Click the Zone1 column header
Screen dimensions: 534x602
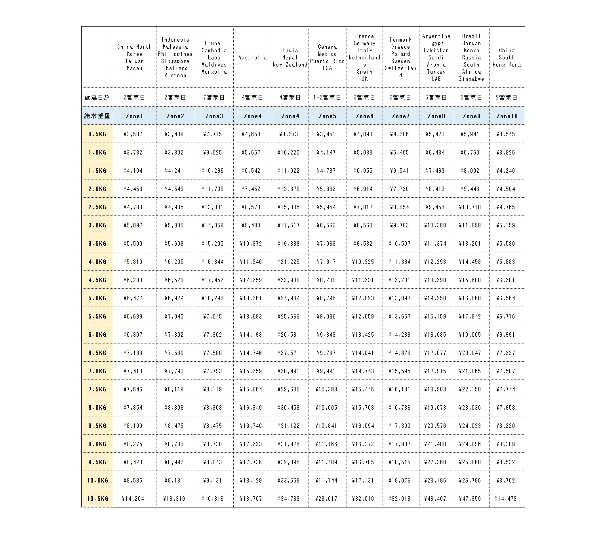coord(135,116)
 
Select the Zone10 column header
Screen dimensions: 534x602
coord(507,116)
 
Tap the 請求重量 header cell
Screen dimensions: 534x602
coord(97,116)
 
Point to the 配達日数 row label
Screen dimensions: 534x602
coord(97,97)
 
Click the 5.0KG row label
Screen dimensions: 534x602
coord(97,298)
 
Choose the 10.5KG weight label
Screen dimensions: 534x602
coord(97,499)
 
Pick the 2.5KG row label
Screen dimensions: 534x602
coord(97,207)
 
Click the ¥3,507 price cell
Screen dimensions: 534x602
coord(133,134)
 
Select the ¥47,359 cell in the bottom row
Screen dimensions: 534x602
coord(470,499)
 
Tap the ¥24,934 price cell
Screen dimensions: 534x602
coord(289,298)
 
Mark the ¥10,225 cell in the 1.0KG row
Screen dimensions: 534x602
coord(289,153)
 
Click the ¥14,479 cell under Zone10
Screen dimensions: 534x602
coord(506,499)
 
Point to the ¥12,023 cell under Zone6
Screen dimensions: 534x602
coord(363,298)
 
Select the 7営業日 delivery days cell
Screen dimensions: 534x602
coord(214,97)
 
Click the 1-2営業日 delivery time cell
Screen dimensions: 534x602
coord(327,97)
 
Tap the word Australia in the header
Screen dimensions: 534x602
coord(253,57)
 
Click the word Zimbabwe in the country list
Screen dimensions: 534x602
coord(471,79)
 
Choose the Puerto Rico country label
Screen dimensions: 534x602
coord(327,61)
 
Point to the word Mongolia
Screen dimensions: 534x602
coord(214,72)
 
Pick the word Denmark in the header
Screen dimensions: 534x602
coord(400,40)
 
